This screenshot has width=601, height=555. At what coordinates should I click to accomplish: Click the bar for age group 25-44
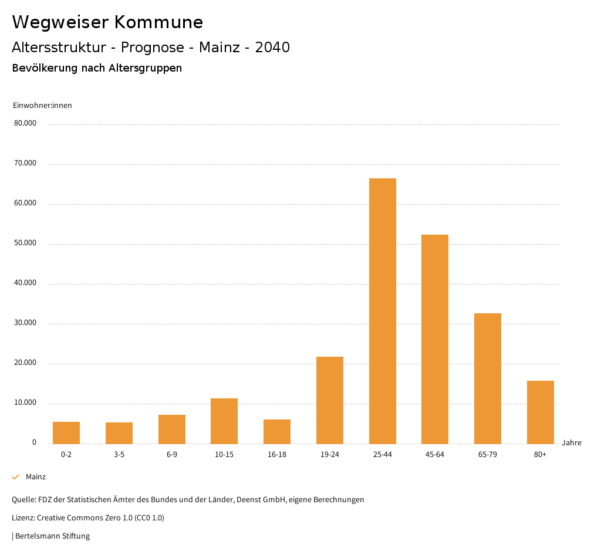pyautogui.click(x=383, y=311)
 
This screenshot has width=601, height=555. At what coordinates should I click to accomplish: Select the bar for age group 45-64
pyautogui.click(x=435, y=339)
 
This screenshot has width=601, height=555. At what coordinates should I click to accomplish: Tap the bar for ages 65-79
pyautogui.click(x=488, y=378)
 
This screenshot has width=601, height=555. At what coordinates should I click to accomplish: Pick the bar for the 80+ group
pyautogui.click(x=541, y=412)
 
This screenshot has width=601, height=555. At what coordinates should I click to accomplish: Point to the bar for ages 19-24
pyautogui.click(x=330, y=400)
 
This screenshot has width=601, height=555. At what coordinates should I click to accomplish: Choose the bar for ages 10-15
pyautogui.click(x=224, y=421)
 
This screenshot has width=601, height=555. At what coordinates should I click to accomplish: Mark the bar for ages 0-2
pyautogui.click(x=66, y=432)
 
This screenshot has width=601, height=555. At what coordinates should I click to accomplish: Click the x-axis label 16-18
pyautogui.click(x=277, y=455)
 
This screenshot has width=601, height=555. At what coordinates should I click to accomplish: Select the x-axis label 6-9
pyautogui.click(x=172, y=455)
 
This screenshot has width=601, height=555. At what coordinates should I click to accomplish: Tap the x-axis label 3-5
pyautogui.click(x=119, y=455)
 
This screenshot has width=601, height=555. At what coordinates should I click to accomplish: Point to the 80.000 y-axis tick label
pyautogui.click(x=25, y=123)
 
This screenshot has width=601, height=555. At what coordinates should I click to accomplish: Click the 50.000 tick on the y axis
pyautogui.click(x=25, y=243)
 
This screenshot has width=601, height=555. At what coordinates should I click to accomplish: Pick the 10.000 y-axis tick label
pyautogui.click(x=25, y=403)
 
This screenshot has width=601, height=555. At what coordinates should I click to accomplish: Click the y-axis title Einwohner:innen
pyautogui.click(x=42, y=106)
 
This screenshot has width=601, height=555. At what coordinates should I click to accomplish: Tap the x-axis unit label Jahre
pyautogui.click(x=572, y=443)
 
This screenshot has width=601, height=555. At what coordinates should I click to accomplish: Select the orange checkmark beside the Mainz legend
pyautogui.click(x=16, y=477)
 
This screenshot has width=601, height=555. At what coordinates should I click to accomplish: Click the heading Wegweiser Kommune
pyautogui.click(x=107, y=22)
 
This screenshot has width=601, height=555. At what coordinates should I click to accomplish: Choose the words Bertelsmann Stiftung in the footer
pyautogui.click(x=53, y=536)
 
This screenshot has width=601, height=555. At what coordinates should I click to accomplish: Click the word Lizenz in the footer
pyautogui.click(x=23, y=518)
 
